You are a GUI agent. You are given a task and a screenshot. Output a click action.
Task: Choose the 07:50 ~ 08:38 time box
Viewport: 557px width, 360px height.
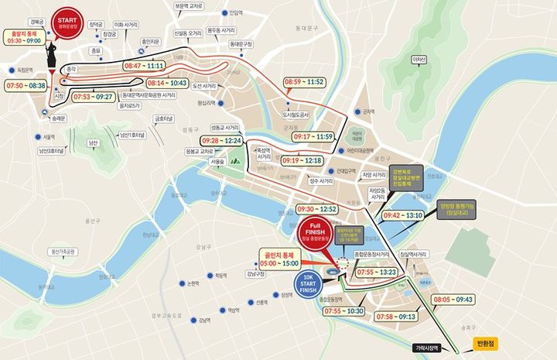pos(26,85)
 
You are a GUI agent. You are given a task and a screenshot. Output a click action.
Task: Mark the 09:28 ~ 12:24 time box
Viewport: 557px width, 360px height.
pos(221,140)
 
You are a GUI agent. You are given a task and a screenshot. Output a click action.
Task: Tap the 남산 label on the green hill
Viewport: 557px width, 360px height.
pos(94,143)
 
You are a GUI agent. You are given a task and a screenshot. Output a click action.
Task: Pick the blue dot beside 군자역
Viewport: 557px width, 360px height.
pos(357,111)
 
